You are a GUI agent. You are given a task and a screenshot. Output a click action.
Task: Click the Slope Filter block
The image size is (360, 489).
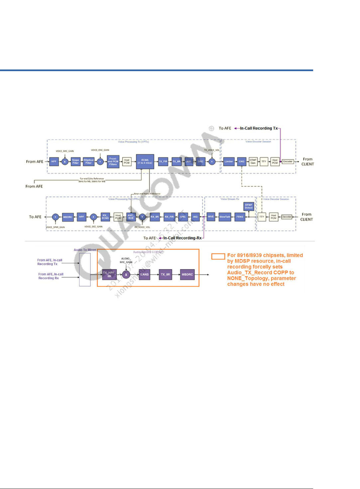click(75, 162)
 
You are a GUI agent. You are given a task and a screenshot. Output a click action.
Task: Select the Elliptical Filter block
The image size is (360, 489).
click(88, 162)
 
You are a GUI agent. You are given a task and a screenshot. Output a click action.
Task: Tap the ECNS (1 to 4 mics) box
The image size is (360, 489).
click(145, 162)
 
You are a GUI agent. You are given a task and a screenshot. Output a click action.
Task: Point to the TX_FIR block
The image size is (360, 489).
click(163, 162)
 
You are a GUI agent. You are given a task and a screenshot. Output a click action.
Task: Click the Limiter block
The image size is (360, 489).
click(229, 162)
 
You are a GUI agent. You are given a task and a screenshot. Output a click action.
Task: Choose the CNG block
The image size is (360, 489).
click(241, 162)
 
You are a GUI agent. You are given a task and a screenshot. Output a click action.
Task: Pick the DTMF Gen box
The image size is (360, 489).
click(253, 162)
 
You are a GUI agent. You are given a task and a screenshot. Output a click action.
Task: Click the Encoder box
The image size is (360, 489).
click(288, 162)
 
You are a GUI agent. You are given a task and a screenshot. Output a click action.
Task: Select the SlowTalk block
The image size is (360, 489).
click(225, 217)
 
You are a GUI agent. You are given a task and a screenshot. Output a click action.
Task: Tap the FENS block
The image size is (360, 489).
click(240, 217)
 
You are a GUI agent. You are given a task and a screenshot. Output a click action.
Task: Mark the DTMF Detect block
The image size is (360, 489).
click(249, 206)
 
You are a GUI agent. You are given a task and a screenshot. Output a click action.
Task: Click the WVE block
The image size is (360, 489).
click(211, 217)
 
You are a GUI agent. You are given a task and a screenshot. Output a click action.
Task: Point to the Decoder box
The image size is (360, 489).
click(287, 217)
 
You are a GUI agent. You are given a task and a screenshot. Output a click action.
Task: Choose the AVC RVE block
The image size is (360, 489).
click(131, 217)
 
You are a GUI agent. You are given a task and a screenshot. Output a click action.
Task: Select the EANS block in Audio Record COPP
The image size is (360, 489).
click(145, 275)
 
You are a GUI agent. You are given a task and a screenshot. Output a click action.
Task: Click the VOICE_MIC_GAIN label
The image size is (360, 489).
click(65, 151)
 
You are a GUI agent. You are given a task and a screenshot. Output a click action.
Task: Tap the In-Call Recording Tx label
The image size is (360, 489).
click(259, 128)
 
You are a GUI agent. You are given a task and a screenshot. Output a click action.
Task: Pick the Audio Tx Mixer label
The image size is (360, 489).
click(85, 250)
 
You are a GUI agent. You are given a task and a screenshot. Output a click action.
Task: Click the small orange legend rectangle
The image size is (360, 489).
click(218, 256)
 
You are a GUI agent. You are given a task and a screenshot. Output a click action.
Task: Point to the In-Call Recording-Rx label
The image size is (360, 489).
click(182, 238)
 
